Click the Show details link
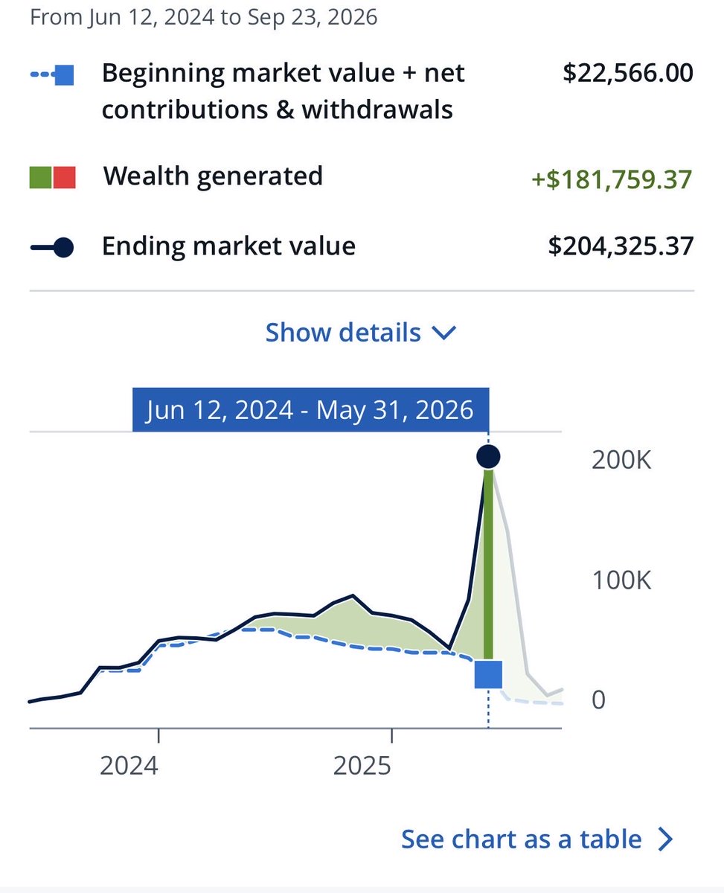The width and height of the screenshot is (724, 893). [x=361, y=333]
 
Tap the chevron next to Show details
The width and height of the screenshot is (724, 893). [x=444, y=333]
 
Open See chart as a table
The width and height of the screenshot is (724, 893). [x=536, y=839]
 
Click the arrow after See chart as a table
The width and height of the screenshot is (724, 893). [x=665, y=839]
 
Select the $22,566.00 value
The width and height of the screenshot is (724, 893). [x=627, y=73]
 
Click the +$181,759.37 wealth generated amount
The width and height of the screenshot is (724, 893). [x=612, y=179]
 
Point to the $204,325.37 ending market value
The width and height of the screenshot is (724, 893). [x=621, y=246]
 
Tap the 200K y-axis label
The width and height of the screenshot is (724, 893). [x=621, y=460]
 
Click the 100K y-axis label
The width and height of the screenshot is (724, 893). [x=621, y=580]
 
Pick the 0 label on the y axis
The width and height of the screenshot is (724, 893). [x=599, y=700]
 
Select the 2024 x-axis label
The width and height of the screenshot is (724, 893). [x=129, y=766]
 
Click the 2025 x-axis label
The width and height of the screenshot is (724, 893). [x=362, y=766]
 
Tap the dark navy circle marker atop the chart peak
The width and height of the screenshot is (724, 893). [x=488, y=456]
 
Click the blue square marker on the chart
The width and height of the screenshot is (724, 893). [x=488, y=674]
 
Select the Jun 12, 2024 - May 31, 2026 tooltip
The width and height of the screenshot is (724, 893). [x=310, y=409]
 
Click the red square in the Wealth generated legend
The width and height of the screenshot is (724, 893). [x=65, y=177]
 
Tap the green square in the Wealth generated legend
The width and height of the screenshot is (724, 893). [x=40, y=177]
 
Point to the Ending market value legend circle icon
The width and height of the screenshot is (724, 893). [x=64, y=247]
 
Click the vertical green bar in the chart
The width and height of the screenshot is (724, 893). [x=488, y=565]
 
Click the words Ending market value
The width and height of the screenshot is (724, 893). [x=229, y=246]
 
